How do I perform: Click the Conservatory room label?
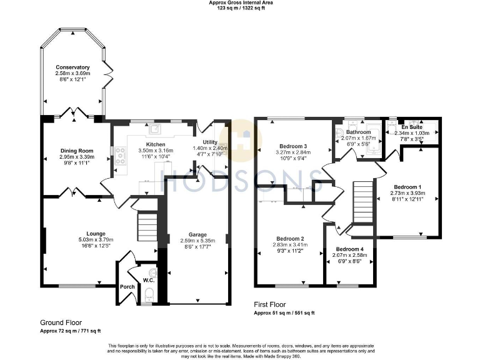72,67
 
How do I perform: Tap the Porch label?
127,287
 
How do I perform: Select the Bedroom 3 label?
292,146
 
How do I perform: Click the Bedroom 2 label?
290,239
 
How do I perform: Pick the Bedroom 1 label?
407,187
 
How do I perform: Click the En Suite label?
411,127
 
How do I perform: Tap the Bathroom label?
359,132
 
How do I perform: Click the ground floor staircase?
147,224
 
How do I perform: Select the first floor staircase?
362,199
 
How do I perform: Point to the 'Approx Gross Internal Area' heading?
241,3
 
